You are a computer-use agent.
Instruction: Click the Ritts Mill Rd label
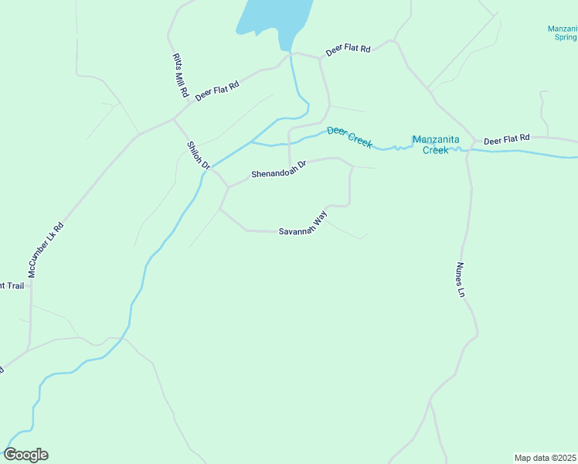click(180, 75)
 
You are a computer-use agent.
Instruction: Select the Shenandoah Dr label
click(279, 169)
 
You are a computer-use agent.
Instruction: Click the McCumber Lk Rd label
click(45, 250)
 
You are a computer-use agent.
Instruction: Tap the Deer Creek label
click(349, 137)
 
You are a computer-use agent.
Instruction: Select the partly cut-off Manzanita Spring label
click(562, 32)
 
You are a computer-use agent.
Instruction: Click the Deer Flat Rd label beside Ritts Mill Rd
click(217, 90)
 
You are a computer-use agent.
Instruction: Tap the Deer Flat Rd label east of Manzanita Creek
click(506, 139)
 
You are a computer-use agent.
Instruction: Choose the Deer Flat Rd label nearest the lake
click(348, 49)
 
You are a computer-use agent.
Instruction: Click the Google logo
click(25, 455)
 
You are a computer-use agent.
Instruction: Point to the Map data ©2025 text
click(545, 457)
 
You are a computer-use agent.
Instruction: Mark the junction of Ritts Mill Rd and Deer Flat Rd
click(174, 120)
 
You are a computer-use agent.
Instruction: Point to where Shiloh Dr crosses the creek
click(210, 168)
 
